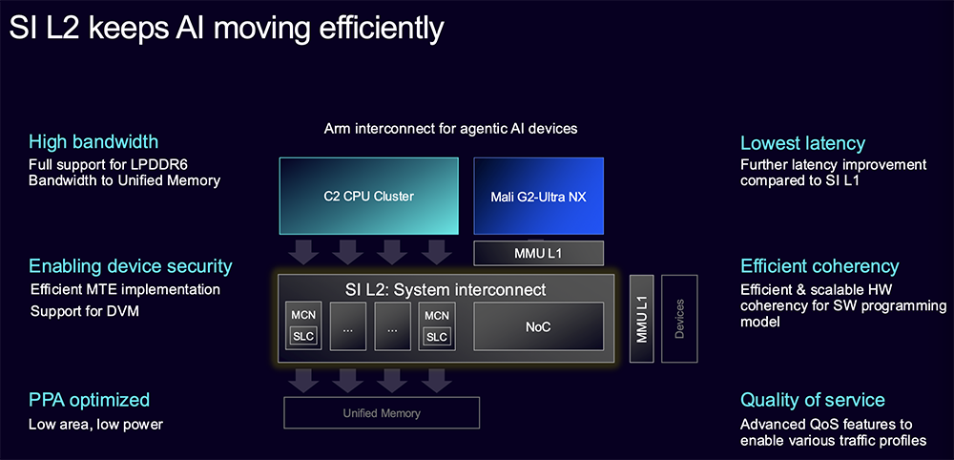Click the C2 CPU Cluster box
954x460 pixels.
point(368,196)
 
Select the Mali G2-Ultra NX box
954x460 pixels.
point(538,196)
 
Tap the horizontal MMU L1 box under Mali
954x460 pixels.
point(538,253)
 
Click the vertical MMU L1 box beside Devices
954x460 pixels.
point(642,319)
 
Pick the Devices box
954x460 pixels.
point(679,319)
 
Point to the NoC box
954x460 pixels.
point(538,326)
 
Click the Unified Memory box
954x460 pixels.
point(382,413)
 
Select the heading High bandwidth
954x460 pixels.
point(93,142)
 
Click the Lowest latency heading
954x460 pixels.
point(802,143)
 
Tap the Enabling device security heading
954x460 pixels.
point(131,266)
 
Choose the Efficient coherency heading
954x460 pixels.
point(819,266)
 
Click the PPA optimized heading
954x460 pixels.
point(89,401)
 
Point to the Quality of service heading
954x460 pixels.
point(812,400)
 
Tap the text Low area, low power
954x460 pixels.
point(96,424)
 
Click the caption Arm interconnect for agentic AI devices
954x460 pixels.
point(450,129)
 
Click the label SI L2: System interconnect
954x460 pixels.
point(446,289)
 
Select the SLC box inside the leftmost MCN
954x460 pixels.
point(303,337)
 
